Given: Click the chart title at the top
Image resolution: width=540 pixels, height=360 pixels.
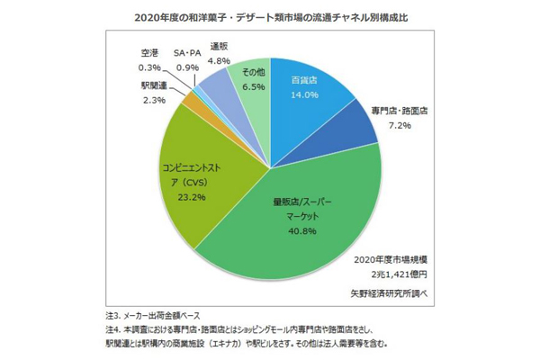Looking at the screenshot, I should tap(270, 15).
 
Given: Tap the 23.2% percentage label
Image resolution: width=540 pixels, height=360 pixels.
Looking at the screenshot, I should tap(193, 196).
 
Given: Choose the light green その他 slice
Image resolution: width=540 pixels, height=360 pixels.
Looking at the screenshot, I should tap(247, 76).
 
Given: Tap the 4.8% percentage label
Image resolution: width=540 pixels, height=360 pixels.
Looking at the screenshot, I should tap(220, 61).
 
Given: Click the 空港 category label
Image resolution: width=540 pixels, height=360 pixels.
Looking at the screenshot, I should tap(150, 53).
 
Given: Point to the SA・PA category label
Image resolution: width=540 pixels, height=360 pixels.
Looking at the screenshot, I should tap(188, 53).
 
